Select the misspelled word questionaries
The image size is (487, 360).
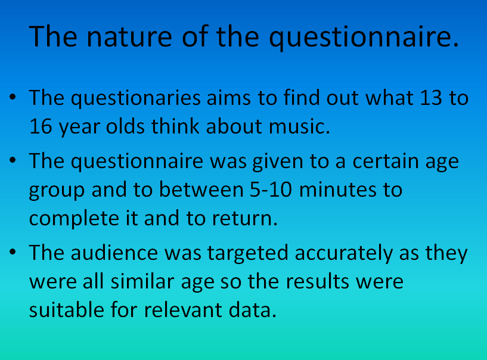[136, 98]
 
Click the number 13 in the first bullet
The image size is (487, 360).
[431, 98]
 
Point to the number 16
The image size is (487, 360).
[41, 126]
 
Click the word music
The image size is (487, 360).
[299, 126]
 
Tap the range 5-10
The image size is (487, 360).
[271, 190]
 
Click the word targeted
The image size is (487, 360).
[247, 253]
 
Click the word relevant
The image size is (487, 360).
[183, 310]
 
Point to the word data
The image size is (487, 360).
[253, 310]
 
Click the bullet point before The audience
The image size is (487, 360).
[13, 252]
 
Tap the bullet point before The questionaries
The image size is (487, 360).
[13, 97]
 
